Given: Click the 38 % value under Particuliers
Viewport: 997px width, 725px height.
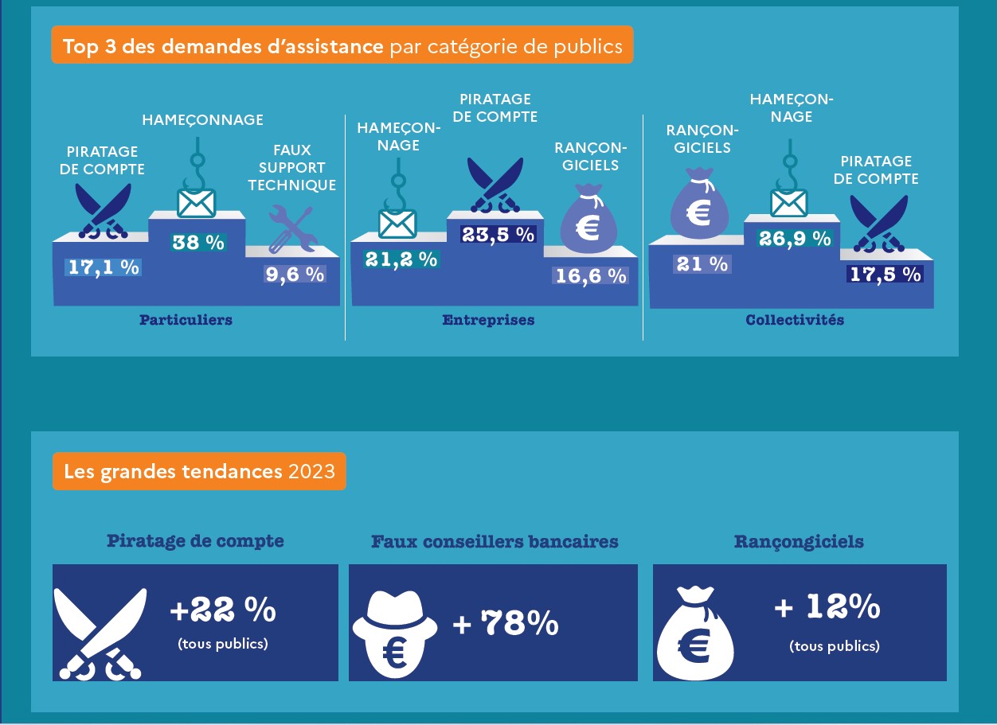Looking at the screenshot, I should coord(198,243).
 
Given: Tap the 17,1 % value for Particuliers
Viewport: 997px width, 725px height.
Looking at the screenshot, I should coord(104,267).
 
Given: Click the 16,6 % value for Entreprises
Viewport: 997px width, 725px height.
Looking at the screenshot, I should coord(589,275).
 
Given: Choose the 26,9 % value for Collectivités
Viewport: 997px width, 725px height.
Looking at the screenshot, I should coord(795,238).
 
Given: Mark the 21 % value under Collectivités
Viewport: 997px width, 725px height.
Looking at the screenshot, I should coord(702,264).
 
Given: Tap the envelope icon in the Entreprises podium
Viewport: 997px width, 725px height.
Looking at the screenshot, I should coord(397,223).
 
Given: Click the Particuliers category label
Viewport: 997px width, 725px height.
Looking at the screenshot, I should coord(186,320).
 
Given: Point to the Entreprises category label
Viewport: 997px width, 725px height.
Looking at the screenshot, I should coord(488,320).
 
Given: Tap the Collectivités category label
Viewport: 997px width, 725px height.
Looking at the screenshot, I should coord(795,320).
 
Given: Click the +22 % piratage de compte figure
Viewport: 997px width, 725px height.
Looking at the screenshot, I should coord(223,611).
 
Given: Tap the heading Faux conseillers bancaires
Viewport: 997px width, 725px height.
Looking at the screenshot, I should coord(495,542).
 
